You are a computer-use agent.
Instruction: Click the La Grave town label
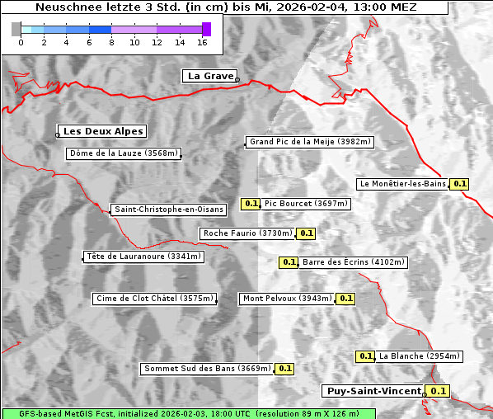tap(210, 76)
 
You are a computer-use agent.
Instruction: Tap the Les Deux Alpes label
tap(103, 131)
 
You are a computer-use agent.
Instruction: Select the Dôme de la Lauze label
tap(124, 153)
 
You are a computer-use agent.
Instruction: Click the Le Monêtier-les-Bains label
tap(402, 184)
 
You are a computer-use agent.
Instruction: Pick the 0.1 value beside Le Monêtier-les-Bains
tap(460, 184)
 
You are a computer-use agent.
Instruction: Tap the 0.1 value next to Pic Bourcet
tap(251, 204)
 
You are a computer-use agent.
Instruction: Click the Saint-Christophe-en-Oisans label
tap(169, 209)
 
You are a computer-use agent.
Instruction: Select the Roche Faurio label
tap(248, 233)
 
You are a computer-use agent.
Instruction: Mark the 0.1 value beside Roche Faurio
tap(307, 233)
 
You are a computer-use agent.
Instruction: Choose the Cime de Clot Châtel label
tap(154, 299)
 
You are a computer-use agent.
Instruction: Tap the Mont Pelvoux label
tap(287, 299)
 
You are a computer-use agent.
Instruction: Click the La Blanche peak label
tap(419, 356)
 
